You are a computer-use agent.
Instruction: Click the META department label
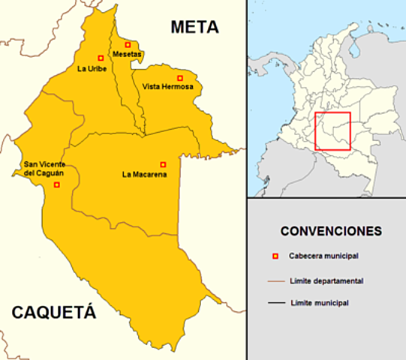coord(194,28)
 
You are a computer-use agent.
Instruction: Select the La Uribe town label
coord(92,69)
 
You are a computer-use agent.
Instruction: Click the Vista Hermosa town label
coord(167,87)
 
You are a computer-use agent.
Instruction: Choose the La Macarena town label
coord(144,175)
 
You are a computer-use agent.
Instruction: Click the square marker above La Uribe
coord(101,58)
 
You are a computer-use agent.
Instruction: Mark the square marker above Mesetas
coord(128,44)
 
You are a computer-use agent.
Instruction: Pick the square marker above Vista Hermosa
coord(179,78)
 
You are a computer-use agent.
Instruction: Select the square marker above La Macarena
coord(163,164)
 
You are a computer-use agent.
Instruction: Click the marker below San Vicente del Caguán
coord(57,184)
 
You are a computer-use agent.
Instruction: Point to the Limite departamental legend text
coord(326,280)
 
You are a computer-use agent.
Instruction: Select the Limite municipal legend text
coord(318,303)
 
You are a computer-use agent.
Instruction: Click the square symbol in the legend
coord(275,256)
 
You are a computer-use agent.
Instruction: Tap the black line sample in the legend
coord(275,304)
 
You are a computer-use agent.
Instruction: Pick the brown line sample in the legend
coord(275,281)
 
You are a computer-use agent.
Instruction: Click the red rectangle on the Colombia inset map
coord(332,131)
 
